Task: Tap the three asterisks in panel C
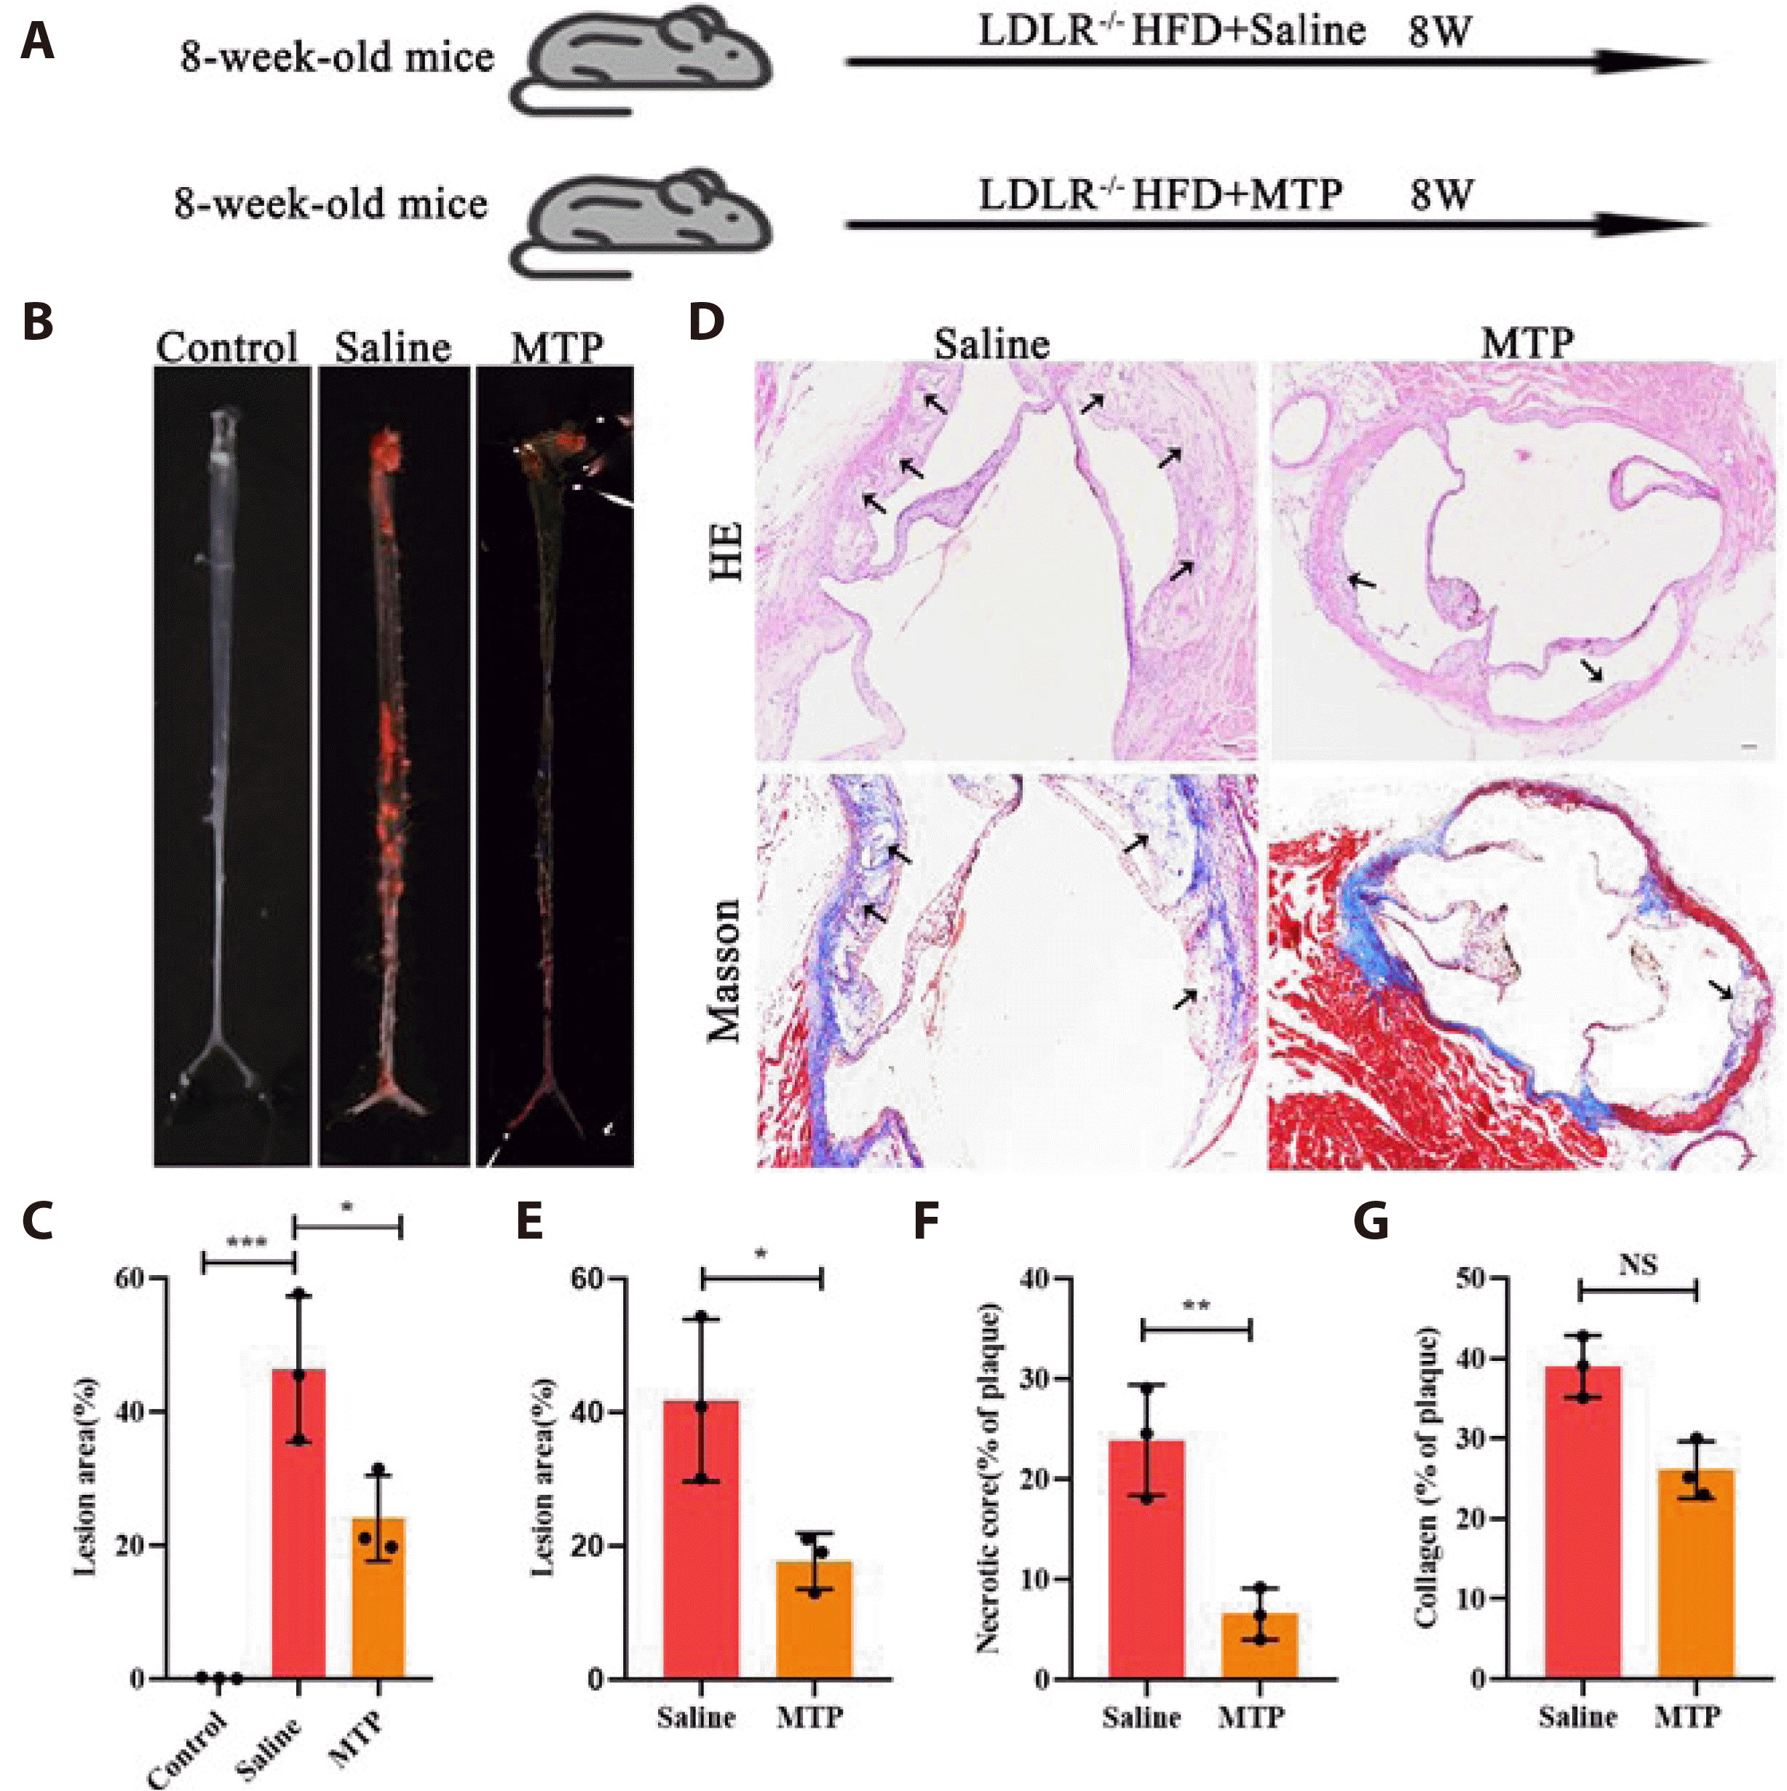[x=247, y=1243]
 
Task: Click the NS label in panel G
[x=1637, y=1264]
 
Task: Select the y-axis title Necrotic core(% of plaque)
[x=988, y=1479]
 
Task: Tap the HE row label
[x=727, y=551]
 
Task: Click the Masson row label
[x=727, y=969]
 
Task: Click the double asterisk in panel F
[x=1195, y=1306]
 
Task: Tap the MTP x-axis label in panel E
[x=809, y=1717]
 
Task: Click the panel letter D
[x=707, y=322]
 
